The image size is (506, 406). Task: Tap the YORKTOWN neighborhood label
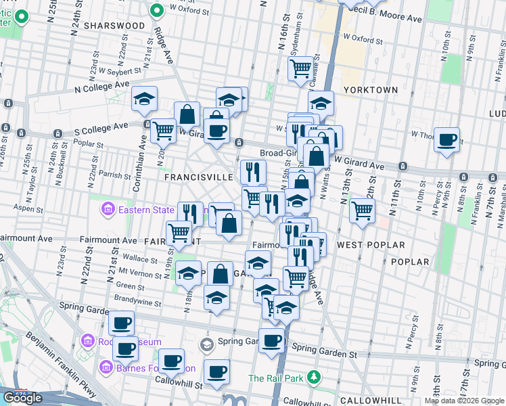coord(370,89)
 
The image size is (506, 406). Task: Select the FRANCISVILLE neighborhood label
coord(199,177)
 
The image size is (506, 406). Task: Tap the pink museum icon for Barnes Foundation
coord(106,368)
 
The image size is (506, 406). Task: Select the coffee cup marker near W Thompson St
coord(446,139)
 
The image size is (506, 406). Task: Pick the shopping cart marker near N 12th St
coord(363,210)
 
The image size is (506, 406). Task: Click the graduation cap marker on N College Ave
coord(144,99)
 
